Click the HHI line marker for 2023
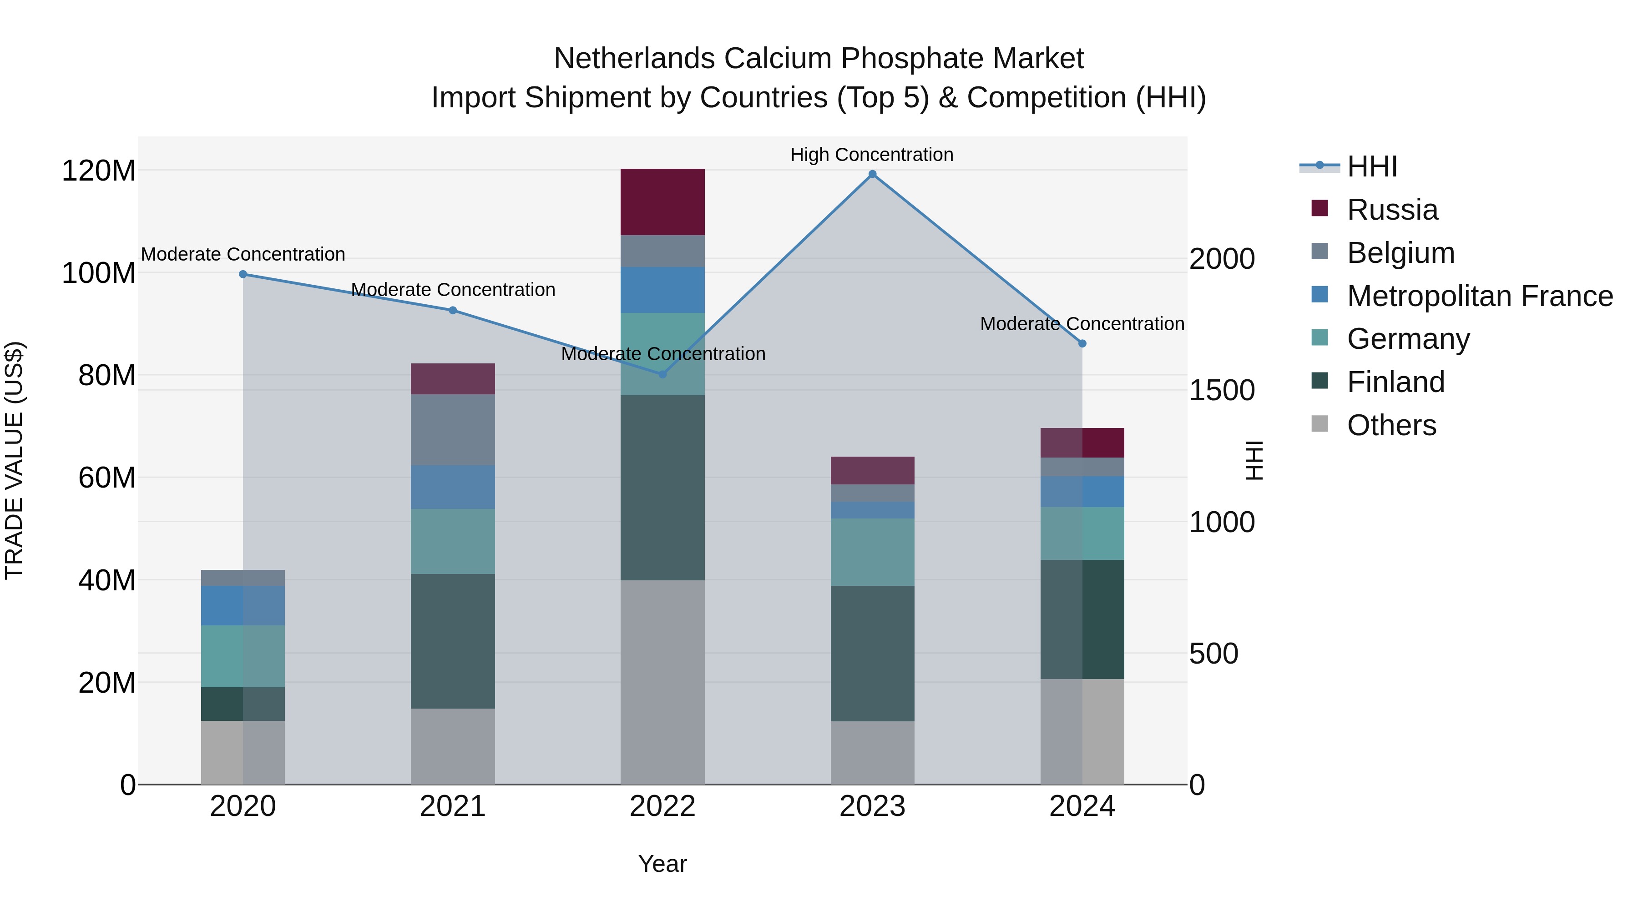point(872,174)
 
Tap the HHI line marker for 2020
point(243,274)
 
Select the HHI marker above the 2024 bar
point(1082,343)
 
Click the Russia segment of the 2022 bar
point(662,202)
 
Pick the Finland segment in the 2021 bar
point(453,641)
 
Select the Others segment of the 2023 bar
point(872,753)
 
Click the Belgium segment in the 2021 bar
point(453,430)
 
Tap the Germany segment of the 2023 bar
point(872,552)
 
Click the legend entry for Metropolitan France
point(1480,296)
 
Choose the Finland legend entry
point(1396,382)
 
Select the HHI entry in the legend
point(1372,166)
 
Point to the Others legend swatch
point(1319,424)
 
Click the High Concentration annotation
point(872,155)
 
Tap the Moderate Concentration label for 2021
point(453,290)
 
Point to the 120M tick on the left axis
point(99,171)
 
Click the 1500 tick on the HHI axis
point(1222,390)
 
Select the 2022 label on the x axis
point(662,806)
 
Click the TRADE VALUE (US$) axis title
point(14,460)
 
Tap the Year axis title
point(662,864)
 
